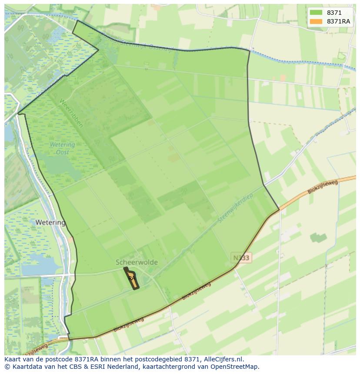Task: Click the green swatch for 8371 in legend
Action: (316, 13)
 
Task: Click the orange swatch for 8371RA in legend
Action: (316, 21)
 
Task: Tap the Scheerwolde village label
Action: (137, 262)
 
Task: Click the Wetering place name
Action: (50, 223)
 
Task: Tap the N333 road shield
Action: (241, 258)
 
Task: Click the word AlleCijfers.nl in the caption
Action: (223, 359)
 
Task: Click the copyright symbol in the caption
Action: (7, 367)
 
